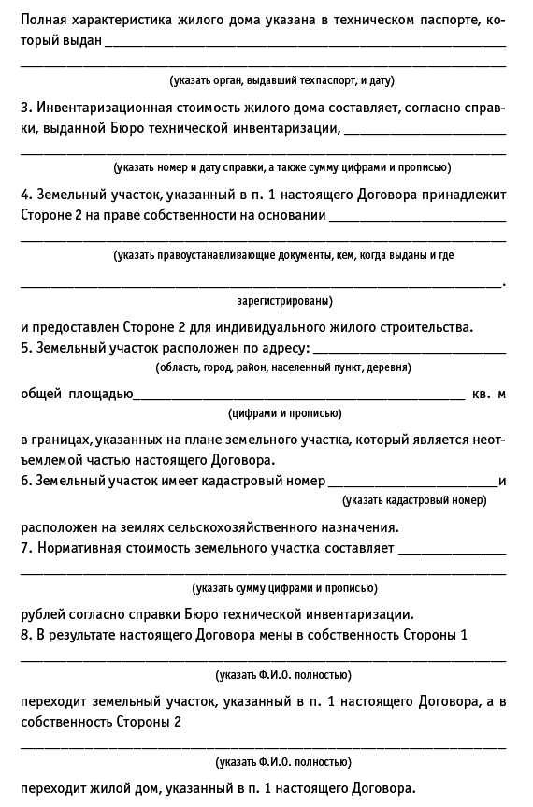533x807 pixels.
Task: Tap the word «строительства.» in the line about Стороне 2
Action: coord(429,327)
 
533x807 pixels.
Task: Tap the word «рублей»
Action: coord(45,614)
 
